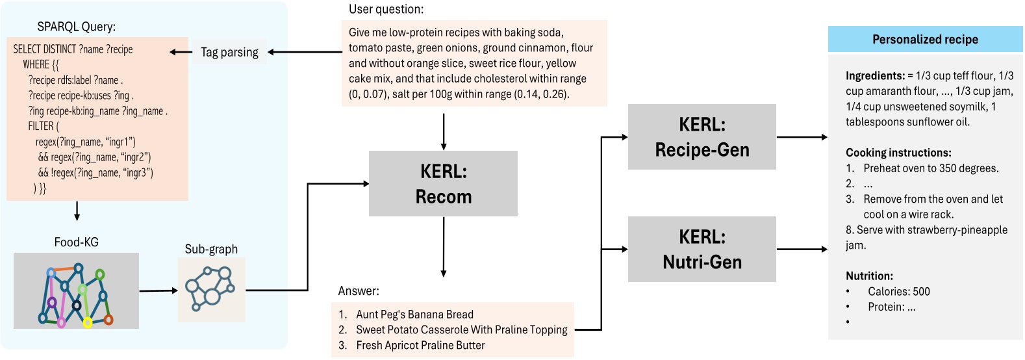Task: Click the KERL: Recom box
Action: [443, 183]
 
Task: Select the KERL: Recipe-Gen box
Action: [702, 136]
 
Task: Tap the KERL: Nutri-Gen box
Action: [702, 249]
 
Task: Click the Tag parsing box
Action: [229, 52]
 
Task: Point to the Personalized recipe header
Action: [925, 39]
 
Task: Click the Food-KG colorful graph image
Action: [76, 290]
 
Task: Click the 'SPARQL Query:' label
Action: [76, 27]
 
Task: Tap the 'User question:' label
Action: [386, 9]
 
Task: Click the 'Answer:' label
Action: [359, 290]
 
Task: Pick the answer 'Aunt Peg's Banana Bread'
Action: [414, 315]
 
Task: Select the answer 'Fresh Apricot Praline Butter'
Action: [420, 345]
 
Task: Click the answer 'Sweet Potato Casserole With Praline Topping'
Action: [461, 329]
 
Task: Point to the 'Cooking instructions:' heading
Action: [898, 153]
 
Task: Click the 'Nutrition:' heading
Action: [869, 276]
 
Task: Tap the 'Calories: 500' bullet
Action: [898, 291]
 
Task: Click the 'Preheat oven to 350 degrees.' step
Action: [931, 168]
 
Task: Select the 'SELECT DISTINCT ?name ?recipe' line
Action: [73, 49]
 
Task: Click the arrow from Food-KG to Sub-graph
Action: [158, 290]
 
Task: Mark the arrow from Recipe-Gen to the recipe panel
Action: [802, 137]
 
